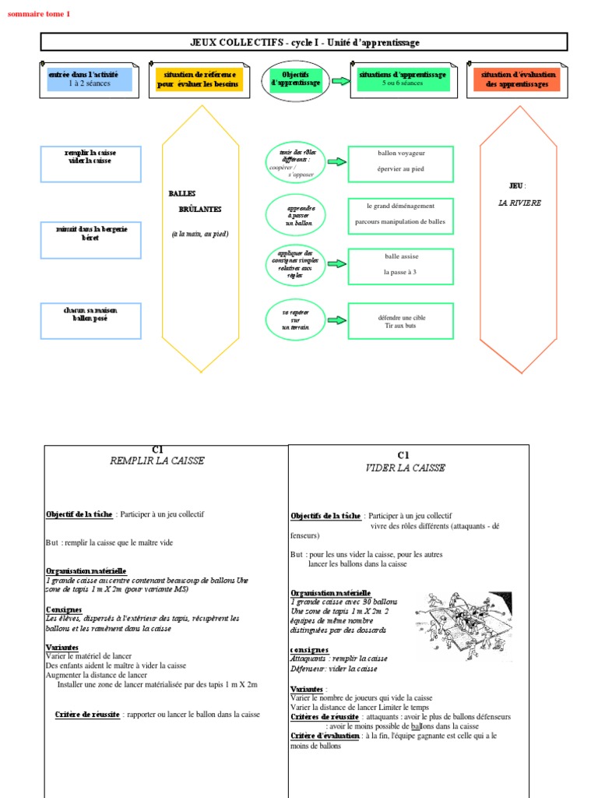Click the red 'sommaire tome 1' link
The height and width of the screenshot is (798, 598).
pyautogui.click(x=38, y=13)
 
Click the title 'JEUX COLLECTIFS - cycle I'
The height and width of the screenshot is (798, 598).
pyautogui.click(x=304, y=42)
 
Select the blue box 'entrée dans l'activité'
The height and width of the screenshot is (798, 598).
pyautogui.click(x=90, y=79)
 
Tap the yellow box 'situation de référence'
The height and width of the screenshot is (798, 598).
pyautogui.click(x=199, y=79)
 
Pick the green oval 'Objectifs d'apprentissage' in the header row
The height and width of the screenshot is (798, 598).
pyautogui.click(x=294, y=79)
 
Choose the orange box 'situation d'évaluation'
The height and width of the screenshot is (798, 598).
pyautogui.click(x=515, y=79)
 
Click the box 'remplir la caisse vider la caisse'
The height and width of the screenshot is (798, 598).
pyautogui.click(x=90, y=158)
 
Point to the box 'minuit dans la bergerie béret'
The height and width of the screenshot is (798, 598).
pyautogui.click(x=90, y=239)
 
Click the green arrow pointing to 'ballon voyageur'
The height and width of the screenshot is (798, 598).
pyautogui.click(x=336, y=162)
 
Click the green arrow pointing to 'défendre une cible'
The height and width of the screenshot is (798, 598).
pyautogui.click(x=336, y=320)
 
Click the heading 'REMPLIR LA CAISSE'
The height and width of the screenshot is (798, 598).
pyautogui.click(x=157, y=461)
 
